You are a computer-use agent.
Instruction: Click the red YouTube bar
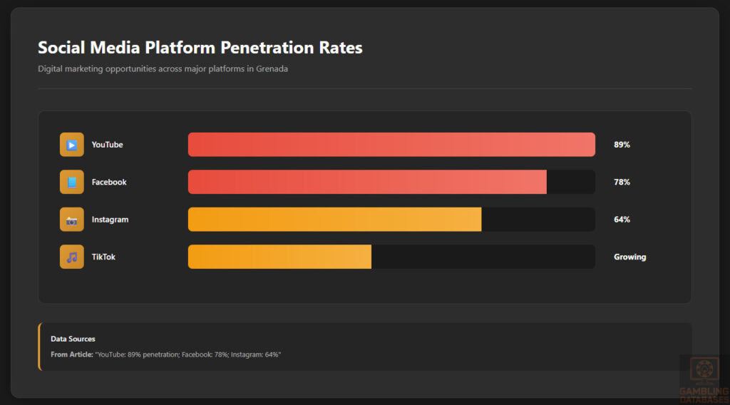pyautogui.click(x=391, y=145)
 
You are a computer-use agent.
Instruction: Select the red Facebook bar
pyautogui.click(x=367, y=182)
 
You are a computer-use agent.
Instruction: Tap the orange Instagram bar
pyautogui.click(x=334, y=220)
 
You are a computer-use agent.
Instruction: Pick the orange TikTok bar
pyautogui.click(x=279, y=257)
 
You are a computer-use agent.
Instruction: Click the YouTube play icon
pyautogui.click(x=72, y=145)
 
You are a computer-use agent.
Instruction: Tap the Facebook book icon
pyautogui.click(x=72, y=182)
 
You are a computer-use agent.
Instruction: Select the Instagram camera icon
pyautogui.click(x=72, y=220)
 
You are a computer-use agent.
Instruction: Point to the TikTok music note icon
pyautogui.click(x=72, y=257)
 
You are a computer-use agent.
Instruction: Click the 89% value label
pyautogui.click(x=622, y=145)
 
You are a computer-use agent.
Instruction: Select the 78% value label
pyautogui.click(x=622, y=182)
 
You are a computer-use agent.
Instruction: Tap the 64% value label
pyautogui.click(x=622, y=220)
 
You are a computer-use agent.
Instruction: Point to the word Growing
pyautogui.click(x=629, y=257)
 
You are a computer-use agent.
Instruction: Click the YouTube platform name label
pyautogui.click(x=107, y=145)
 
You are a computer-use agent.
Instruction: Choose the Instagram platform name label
pyautogui.click(x=110, y=220)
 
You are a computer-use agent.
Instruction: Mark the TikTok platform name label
pyautogui.click(x=103, y=257)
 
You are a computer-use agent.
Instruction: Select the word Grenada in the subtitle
pyautogui.click(x=272, y=69)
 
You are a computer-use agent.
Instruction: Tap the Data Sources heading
pyautogui.click(x=73, y=339)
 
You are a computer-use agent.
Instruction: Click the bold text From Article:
pyautogui.click(x=71, y=354)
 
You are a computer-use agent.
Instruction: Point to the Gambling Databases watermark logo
pyautogui.click(x=704, y=376)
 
